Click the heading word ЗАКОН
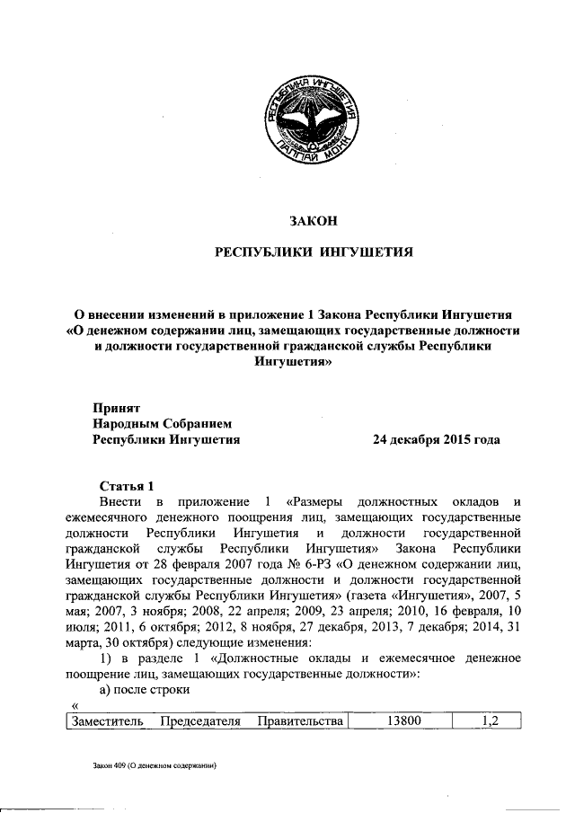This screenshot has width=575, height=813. pyautogui.click(x=311, y=217)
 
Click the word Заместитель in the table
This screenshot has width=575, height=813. pyautogui.click(x=104, y=721)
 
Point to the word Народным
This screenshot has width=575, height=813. pyautogui.click(x=129, y=423)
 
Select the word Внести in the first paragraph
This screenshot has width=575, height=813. pyautogui.click(x=120, y=501)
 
